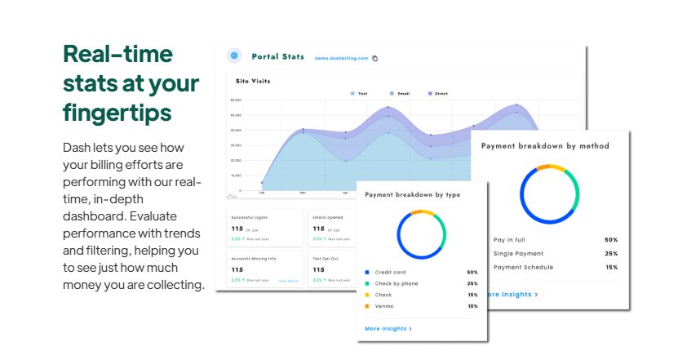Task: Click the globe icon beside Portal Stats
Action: click(x=235, y=56)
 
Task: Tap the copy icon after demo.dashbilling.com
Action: click(x=375, y=58)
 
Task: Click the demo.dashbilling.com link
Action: click(x=342, y=58)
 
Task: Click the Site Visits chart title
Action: click(x=253, y=81)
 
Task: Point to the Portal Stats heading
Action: click(x=277, y=56)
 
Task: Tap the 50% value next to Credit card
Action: click(x=472, y=272)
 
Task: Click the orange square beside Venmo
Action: click(x=368, y=306)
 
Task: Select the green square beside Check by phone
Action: click(x=368, y=283)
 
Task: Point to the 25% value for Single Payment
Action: click(x=611, y=254)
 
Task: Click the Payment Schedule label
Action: click(x=523, y=267)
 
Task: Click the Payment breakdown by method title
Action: click(x=545, y=146)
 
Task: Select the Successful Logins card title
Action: click(x=250, y=218)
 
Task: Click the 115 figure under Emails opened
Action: click(x=319, y=229)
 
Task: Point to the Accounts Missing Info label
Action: click(x=254, y=258)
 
